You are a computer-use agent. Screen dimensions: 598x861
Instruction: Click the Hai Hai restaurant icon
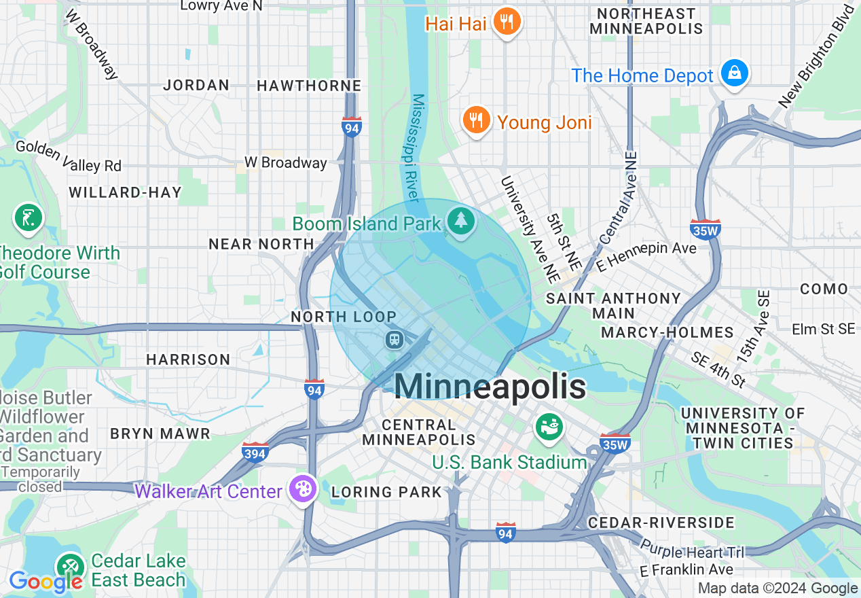pos(506,22)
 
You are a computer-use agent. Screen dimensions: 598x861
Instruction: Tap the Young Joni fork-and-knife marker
pos(477,120)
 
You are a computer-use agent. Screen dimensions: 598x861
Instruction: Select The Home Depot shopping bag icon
pos(734,72)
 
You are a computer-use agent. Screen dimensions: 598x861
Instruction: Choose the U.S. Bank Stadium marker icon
pos(549,427)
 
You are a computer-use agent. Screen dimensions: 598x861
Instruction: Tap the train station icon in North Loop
pos(394,339)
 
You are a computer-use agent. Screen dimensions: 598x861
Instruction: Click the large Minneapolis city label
pos(489,387)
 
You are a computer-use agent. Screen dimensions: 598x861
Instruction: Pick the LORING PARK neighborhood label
pos(386,491)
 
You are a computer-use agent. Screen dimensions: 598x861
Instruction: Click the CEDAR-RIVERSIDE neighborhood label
pos(661,523)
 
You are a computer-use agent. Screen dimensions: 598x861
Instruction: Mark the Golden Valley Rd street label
pos(68,156)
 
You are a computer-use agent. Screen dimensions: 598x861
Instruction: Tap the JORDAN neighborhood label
pos(196,86)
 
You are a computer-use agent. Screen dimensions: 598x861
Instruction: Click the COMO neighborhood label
pos(824,289)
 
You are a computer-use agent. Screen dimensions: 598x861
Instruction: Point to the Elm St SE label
pos(823,329)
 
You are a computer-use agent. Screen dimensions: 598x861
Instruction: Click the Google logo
pos(45,582)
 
